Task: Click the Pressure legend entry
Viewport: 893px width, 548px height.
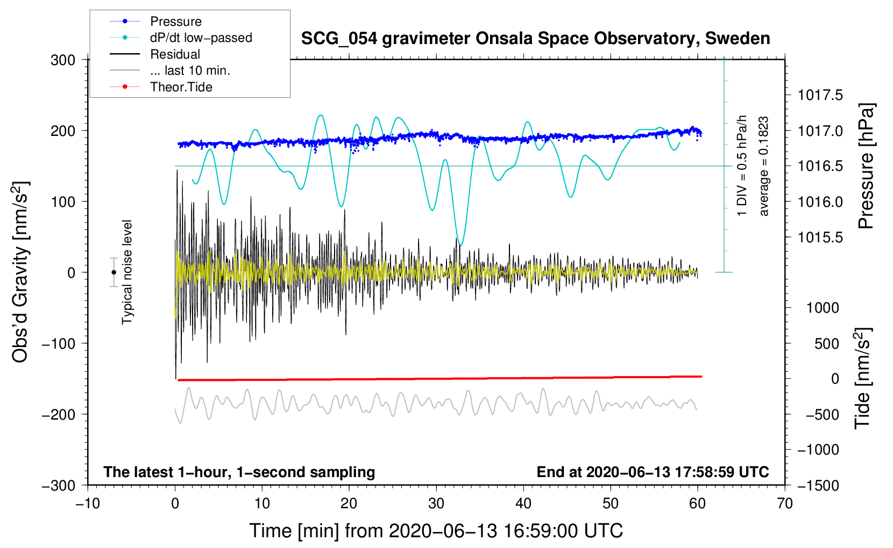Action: pyautogui.click(x=175, y=21)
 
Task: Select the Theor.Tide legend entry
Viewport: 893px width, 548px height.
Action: pyautogui.click(x=181, y=87)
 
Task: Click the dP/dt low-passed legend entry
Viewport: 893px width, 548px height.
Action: pyautogui.click(x=201, y=38)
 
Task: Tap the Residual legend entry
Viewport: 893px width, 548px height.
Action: pyautogui.click(x=175, y=54)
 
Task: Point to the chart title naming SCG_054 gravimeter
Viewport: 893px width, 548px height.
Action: pyautogui.click(x=535, y=39)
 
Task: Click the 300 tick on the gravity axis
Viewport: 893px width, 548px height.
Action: pyautogui.click(x=63, y=60)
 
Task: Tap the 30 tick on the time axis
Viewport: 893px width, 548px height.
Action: pyautogui.click(x=436, y=503)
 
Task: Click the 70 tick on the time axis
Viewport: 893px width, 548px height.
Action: pyautogui.click(x=785, y=503)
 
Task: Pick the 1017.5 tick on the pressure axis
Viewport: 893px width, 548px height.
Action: pyautogui.click(x=820, y=96)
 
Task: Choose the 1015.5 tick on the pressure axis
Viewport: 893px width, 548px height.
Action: pyautogui.click(x=820, y=237)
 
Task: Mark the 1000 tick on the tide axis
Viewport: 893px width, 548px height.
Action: pyautogui.click(x=823, y=308)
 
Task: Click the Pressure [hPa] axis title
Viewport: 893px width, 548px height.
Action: pyautogui.click(x=866, y=167)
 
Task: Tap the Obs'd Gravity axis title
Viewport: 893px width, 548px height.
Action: pyautogui.click(x=20, y=272)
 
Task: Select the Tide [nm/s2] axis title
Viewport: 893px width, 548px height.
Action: pyautogui.click(x=862, y=378)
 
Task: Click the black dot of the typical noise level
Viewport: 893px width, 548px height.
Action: pyautogui.click(x=114, y=272)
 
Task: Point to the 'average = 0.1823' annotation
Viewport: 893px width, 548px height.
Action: pyautogui.click(x=764, y=167)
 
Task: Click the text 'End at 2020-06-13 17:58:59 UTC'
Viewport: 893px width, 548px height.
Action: pyautogui.click(x=653, y=472)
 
